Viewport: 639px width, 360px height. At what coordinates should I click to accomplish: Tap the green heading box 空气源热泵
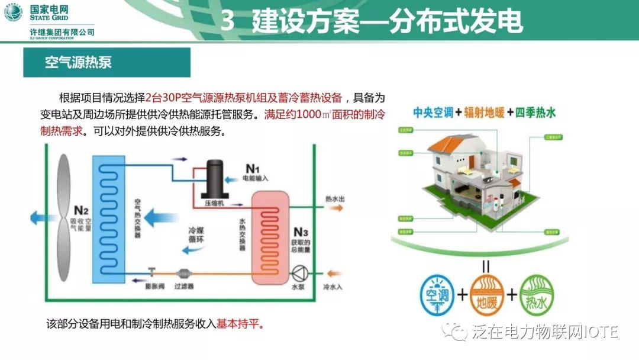click(106, 63)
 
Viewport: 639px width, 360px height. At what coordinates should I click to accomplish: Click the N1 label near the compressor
click(253, 169)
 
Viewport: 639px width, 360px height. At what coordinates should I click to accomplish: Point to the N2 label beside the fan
click(81, 210)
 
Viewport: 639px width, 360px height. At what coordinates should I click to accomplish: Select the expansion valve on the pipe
click(152, 273)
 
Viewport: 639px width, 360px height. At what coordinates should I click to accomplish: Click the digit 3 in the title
click(227, 21)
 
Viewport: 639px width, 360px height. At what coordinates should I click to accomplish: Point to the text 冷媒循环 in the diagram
click(196, 235)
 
